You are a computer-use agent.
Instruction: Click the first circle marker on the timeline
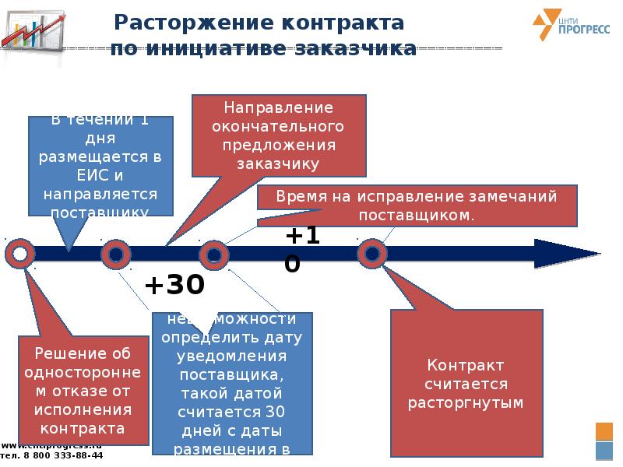coord(19,254)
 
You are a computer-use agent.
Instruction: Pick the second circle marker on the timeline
coord(115,254)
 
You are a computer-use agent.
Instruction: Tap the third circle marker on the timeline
coord(213,254)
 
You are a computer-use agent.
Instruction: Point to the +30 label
coord(174,286)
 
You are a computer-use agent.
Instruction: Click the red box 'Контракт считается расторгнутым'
coord(466,384)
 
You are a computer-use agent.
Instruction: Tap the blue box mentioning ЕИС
coord(100,165)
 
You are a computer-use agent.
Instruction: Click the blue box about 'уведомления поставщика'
coord(233,384)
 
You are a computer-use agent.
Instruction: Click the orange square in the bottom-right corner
coord(604,431)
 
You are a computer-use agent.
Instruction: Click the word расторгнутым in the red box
coord(466,403)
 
